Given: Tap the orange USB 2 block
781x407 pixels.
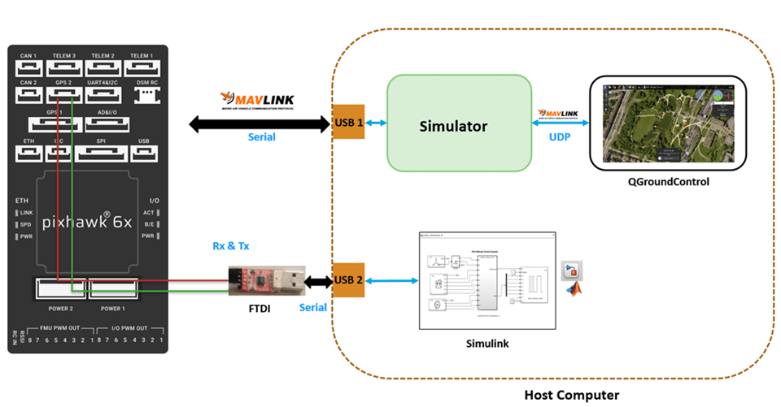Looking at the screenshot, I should (x=347, y=280).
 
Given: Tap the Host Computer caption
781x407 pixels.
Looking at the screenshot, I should (x=572, y=396).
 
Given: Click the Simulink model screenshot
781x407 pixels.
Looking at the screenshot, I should (x=485, y=281).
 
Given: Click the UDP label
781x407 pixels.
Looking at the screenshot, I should (x=560, y=137).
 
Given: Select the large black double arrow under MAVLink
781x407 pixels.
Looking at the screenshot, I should (x=260, y=124).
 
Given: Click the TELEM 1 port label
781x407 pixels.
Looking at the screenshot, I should (x=142, y=55).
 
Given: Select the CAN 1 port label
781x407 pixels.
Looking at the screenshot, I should (x=28, y=55).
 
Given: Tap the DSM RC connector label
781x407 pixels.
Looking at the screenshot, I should (x=146, y=82).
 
